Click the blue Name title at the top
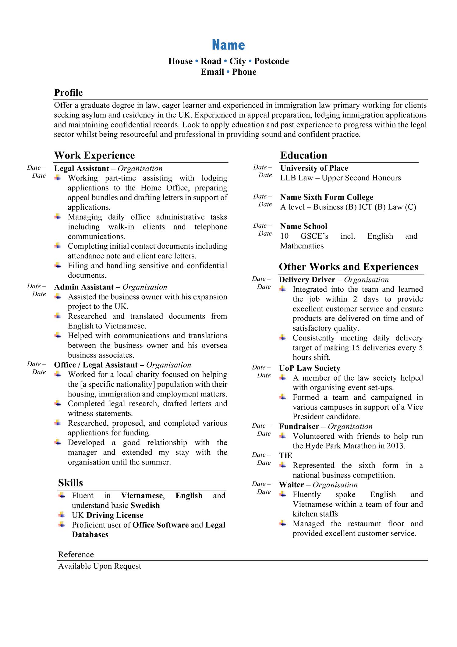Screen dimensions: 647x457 click(x=228, y=45)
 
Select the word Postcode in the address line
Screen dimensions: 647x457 click(x=271, y=61)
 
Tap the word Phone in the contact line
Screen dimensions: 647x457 click(x=244, y=72)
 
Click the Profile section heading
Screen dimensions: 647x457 click(x=68, y=93)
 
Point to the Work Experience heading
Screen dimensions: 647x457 click(x=94, y=155)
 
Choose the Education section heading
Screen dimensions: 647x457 click(x=303, y=155)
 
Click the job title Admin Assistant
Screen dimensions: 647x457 click(x=84, y=287)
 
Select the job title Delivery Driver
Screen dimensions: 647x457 click(x=307, y=280)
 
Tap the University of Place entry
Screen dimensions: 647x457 click(x=314, y=168)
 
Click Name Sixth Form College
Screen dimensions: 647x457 click(x=327, y=197)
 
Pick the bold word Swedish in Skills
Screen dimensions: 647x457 click(x=145, y=505)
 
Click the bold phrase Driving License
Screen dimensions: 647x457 click(x=115, y=515)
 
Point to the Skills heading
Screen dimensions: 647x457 click(x=70, y=483)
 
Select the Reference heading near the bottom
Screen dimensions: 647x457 click(x=76, y=554)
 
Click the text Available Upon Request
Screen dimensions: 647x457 click(x=100, y=566)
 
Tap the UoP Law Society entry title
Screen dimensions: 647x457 click(x=310, y=368)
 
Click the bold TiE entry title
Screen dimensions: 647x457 click(x=285, y=455)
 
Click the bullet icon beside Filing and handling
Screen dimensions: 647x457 click(x=58, y=265)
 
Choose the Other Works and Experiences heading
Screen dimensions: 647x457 click(x=349, y=267)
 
